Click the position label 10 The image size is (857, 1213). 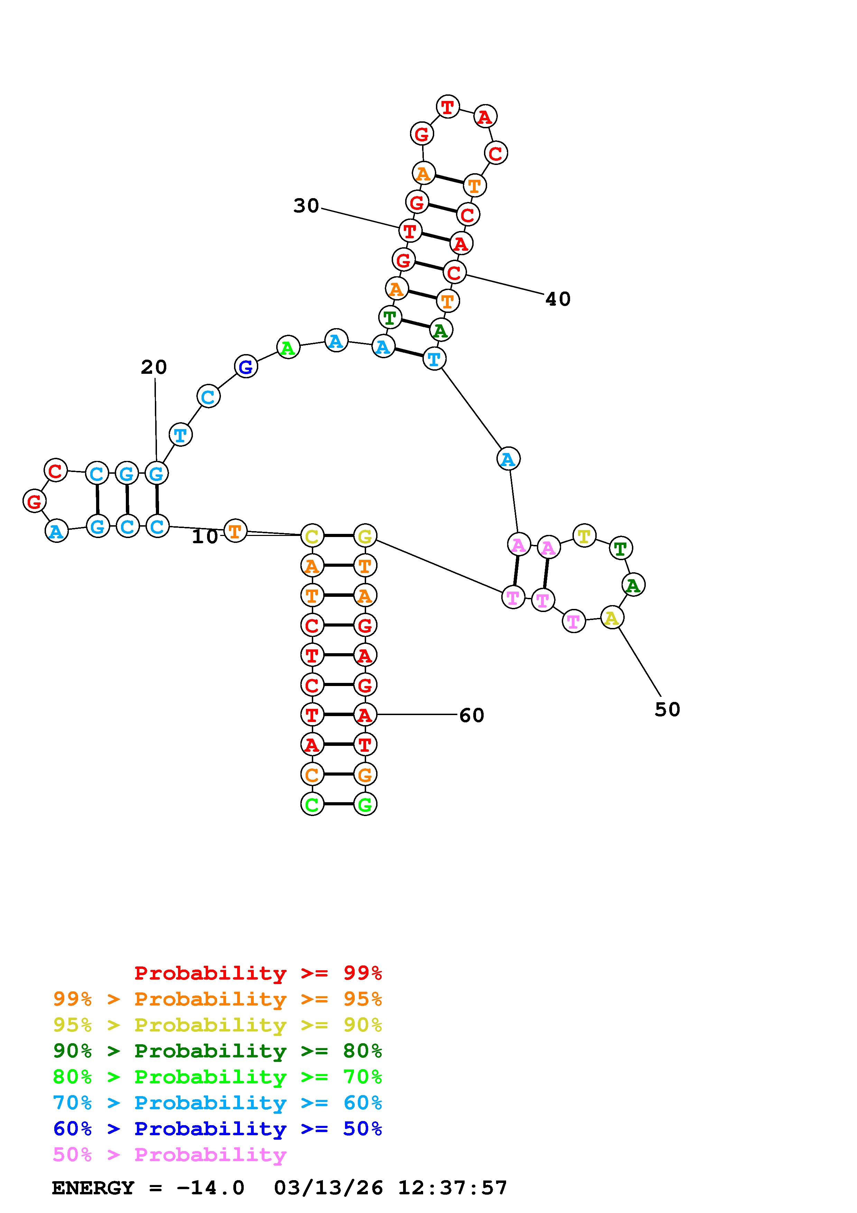[x=204, y=537]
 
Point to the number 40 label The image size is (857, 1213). [x=558, y=299]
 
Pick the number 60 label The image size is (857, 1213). [x=472, y=715]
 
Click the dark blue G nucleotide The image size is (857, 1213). [x=245, y=367]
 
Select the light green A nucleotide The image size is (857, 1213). [x=288, y=348]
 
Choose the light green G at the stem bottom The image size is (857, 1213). [x=365, y=804]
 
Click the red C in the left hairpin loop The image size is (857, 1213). [x=55, y=470]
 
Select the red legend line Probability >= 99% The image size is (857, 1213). [x=258, y=973]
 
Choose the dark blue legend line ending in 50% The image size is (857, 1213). [x=217, y=1129]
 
